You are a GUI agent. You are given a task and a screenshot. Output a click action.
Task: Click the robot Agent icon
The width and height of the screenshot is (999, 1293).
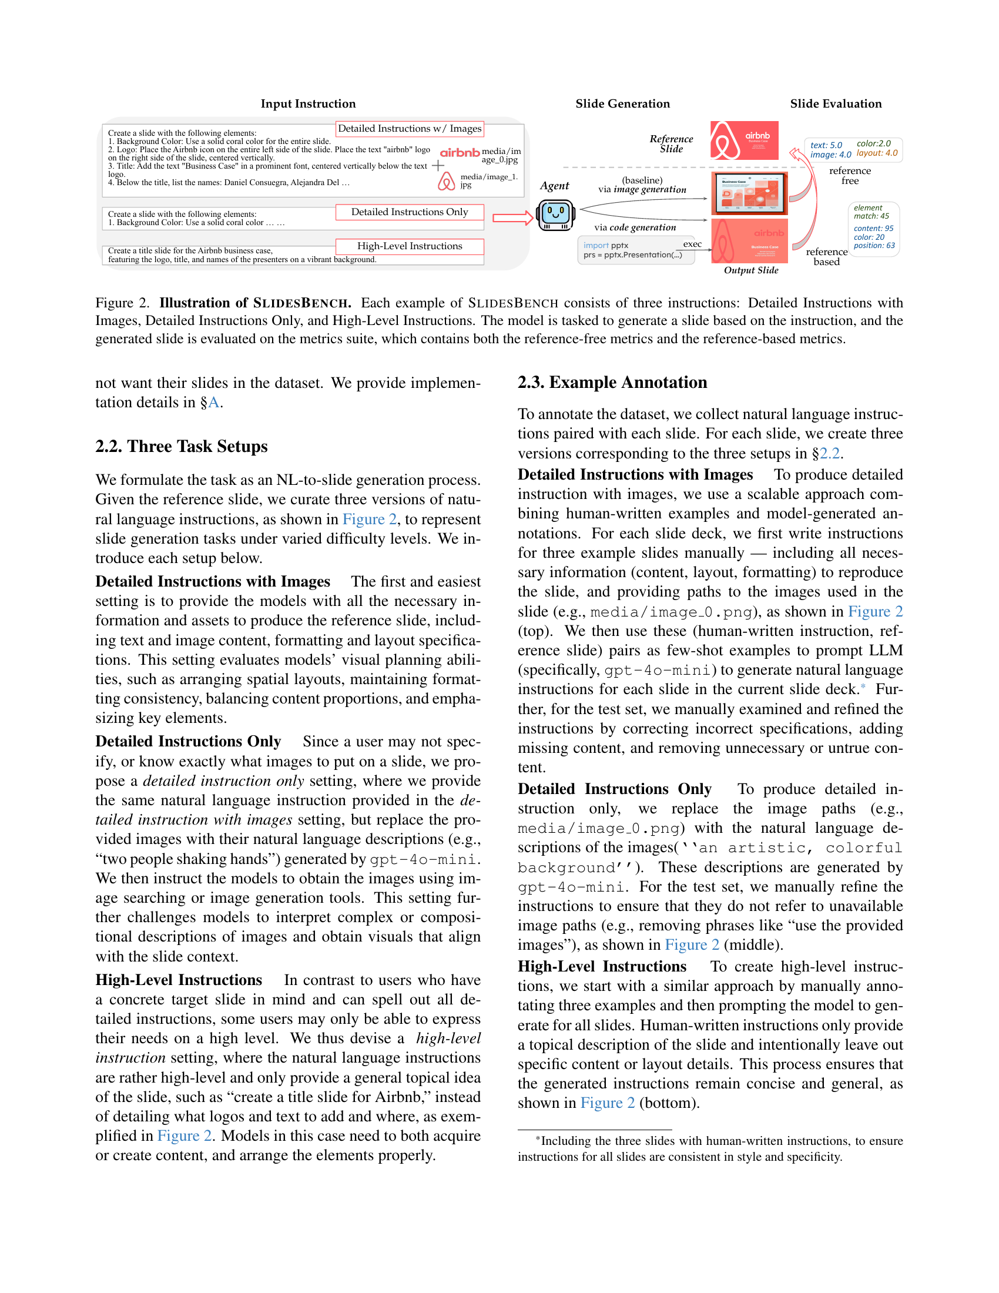[555, 215]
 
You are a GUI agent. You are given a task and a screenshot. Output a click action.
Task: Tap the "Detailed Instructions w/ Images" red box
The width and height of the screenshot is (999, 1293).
[410, 129]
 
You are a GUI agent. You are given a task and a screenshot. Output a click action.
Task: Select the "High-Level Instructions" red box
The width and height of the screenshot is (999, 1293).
[410, 246]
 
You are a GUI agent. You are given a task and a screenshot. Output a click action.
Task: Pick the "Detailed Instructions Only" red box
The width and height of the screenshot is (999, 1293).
[410, 212]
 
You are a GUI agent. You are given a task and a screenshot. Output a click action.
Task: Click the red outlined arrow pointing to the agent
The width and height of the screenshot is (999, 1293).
[512, 218]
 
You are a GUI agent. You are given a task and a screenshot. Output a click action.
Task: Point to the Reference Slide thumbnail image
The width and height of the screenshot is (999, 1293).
[744, 140]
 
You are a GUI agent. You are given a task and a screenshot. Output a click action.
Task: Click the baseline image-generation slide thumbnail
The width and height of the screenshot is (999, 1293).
[749, 193]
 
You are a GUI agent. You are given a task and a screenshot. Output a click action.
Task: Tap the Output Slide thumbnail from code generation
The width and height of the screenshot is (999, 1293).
[749, 240]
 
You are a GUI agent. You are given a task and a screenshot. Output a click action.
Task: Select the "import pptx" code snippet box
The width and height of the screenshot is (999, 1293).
[636, 250]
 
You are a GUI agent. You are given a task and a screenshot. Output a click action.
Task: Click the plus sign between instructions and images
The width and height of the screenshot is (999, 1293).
[438, 165]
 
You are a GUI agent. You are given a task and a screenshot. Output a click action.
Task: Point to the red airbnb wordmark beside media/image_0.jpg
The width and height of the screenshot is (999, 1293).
[460, 153]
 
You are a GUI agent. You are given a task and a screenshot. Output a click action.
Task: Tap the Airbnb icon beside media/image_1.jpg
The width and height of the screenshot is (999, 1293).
[446, 181]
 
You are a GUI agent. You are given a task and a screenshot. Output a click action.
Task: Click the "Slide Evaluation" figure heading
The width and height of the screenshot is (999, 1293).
[835, 103]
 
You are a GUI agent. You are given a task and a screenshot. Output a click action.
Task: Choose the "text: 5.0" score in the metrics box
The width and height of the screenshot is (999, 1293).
[826, 145]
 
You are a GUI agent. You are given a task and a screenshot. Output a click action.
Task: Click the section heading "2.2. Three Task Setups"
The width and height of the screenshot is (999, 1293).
[181, 447]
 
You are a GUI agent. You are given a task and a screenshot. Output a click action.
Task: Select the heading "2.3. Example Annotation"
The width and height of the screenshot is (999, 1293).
[612, 383]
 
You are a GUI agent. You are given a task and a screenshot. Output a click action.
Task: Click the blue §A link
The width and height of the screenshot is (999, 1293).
[212, 403]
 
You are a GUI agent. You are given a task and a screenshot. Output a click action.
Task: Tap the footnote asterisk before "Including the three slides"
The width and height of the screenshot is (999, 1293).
[537, 1138]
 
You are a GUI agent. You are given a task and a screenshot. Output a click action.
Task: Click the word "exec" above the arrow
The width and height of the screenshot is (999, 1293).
[692, 244]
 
